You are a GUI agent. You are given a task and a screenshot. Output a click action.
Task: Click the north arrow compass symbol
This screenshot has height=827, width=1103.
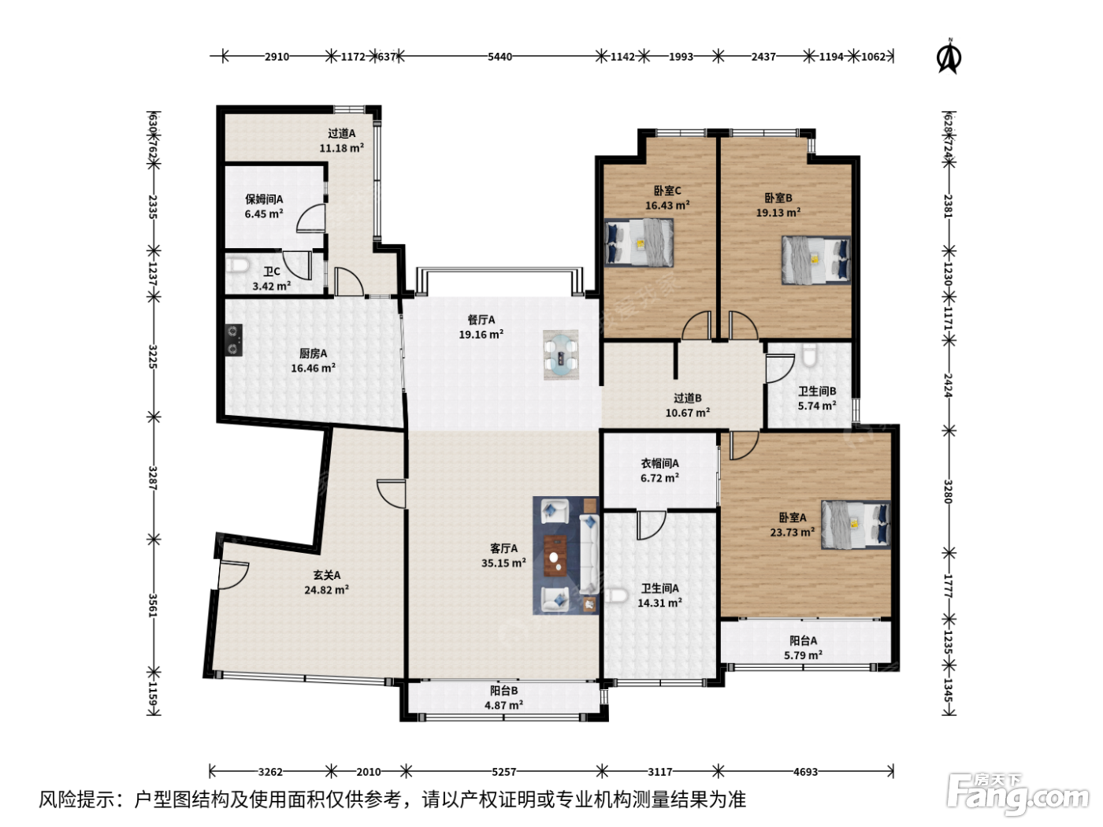[x=949, y=57]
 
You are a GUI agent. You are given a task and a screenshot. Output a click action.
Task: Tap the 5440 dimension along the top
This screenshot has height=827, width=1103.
[x=500, y=57]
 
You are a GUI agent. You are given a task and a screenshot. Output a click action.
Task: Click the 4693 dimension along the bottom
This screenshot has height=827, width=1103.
[x=805, y=771]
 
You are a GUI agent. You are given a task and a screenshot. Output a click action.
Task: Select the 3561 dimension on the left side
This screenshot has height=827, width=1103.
[x=153, y=606]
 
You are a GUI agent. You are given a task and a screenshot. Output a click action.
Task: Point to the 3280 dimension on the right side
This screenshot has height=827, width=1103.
[x=948, y=491]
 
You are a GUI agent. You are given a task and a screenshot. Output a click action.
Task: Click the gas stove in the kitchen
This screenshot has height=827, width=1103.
[x=234, y=340]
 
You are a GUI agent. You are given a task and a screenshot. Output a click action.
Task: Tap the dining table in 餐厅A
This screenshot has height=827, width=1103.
[x=561, y=354]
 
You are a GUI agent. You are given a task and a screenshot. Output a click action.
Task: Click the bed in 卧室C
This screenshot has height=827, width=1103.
[x=639, y=242]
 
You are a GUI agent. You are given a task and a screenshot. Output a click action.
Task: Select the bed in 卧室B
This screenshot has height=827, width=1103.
[x=816, y=260]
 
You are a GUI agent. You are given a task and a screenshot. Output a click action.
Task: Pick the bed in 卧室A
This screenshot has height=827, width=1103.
[x=856, y=525]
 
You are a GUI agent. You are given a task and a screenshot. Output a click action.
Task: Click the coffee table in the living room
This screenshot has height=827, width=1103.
[x=555, y=556]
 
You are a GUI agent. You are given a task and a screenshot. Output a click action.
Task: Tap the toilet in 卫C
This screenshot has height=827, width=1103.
[x=236, y=265]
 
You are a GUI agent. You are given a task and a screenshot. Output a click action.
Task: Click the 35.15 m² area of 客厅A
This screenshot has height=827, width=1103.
[x=503, y=563]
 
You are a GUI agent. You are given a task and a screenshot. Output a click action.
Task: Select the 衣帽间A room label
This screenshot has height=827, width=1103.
[x=659, y=463]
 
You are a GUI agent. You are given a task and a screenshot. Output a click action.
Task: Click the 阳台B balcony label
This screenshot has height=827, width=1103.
[x=503, y=691]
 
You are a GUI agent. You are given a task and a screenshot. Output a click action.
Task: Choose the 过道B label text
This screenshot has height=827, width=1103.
[x=688, y=399]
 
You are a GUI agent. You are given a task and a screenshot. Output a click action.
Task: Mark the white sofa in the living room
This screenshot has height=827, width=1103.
[x=589, y=554]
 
